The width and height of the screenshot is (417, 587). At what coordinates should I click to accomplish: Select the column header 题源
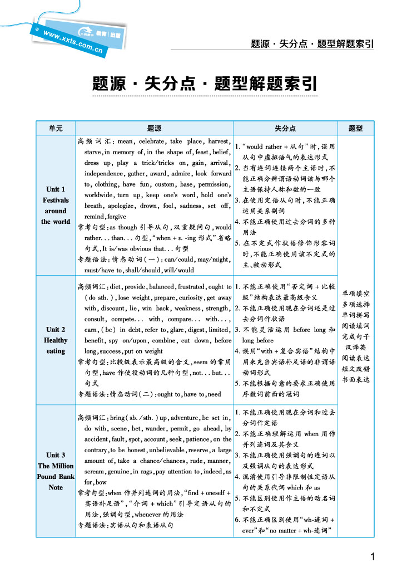pyautogui.click(x=155, y=129)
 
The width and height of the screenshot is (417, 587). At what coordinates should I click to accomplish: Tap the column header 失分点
pyautogui.click(x=285, y=129)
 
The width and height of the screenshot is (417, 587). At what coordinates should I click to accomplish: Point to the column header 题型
pyautogui.click(x=355, y=129)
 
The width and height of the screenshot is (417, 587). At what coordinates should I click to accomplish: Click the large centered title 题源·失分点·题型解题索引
pyautogui.click(x=205, y=85)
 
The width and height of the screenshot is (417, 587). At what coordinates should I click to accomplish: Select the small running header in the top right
pyautogui.click(x=312, y=43)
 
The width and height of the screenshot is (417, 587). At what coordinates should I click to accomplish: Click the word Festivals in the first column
pyautogui.click(x=56, y=200)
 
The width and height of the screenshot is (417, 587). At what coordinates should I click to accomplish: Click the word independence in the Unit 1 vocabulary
pyautogui.click(x=104, y=174)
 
